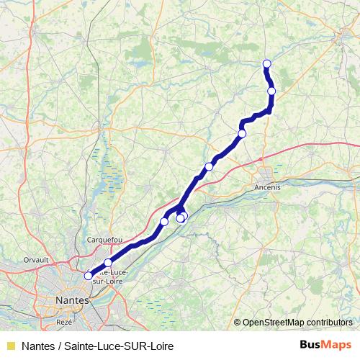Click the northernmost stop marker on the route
(267, 63)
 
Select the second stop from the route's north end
(271, 91)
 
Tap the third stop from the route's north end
(242, 134)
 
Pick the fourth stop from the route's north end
(210, 167)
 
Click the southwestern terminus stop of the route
(89, 275)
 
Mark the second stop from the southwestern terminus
(108, 263)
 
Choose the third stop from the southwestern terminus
(164, 221)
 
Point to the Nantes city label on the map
(71, 299)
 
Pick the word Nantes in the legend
(40, 346)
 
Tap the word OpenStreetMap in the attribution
(273, 323)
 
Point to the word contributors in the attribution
(328, 323)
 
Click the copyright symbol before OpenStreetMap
(238, 323)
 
